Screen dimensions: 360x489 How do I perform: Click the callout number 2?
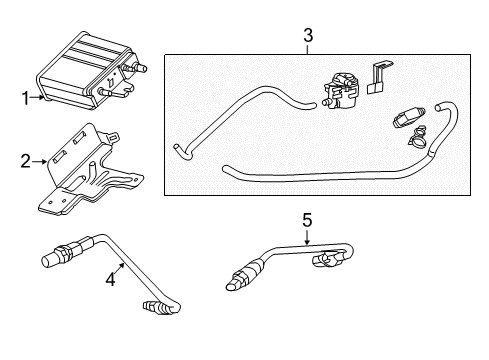tap(27, 158)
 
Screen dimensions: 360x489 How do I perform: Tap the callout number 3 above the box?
tap(308, 37)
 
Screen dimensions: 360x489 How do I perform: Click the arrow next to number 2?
tap(40, 158)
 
